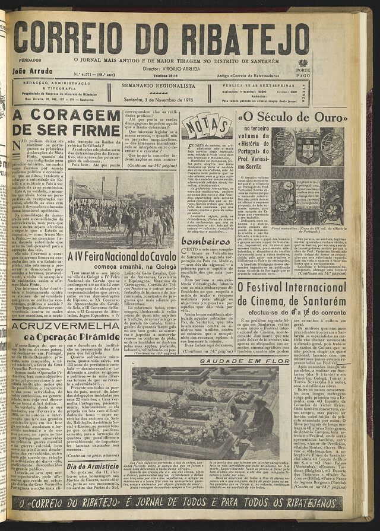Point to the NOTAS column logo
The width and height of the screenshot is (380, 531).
click(206, 126)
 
